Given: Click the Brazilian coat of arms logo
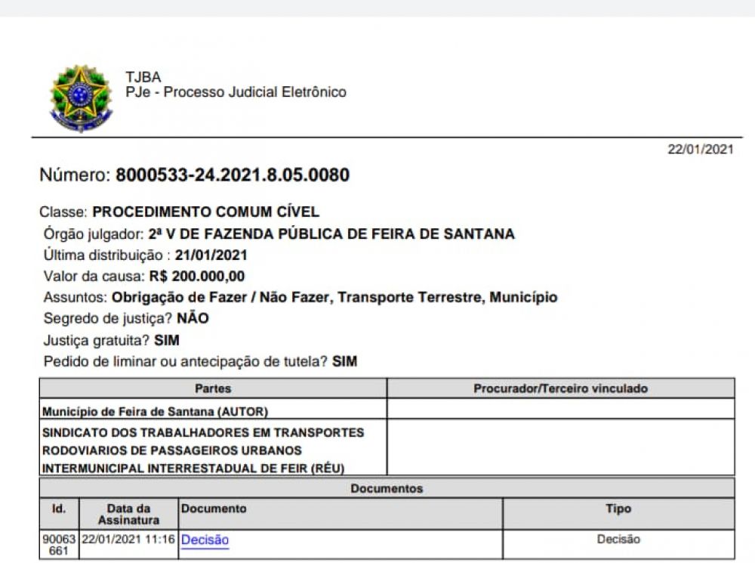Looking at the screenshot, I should click(81, 98).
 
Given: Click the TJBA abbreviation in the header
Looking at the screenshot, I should click(143, 77).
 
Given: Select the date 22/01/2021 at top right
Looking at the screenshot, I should click(700, 150).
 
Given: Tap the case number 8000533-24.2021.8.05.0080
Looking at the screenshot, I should click(233, 176).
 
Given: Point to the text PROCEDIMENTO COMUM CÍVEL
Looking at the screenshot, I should click(205, 212).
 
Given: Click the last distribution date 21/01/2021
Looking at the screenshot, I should click(211, 255).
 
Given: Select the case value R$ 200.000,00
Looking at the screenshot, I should click(197, 277).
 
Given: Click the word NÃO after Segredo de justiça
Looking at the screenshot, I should click(193, 319).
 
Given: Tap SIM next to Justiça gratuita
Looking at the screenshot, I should click(167, 340).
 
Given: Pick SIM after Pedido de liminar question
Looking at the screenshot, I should click(344, 362).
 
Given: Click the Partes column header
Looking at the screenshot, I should click(213, 388).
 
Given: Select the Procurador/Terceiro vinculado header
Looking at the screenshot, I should click(560, 388).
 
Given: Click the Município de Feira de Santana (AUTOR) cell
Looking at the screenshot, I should click(156, 411).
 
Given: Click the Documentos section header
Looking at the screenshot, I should click(387, 489).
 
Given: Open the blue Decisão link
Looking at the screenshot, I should click(205, 540).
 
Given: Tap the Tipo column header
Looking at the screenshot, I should click(618, 509).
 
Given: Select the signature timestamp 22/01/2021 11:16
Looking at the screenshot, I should click(128, 540).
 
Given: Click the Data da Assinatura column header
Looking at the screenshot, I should click(128, 515).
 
